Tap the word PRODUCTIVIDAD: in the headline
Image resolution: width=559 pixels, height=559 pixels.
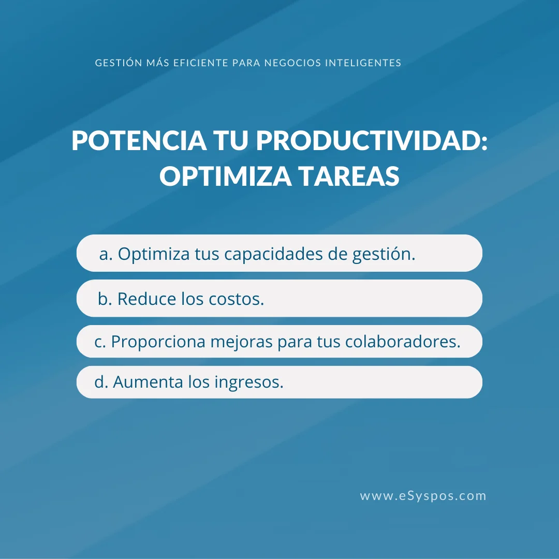[372, 140]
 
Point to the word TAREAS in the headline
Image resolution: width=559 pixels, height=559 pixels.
[349, 176]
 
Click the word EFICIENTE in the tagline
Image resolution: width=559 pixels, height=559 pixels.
[201, 63]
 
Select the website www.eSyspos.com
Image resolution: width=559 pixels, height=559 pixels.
[423, 496]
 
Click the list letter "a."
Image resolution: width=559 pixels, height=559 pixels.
[106, 254]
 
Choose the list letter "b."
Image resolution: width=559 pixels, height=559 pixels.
[105, 299]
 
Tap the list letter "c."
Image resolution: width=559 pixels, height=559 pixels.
[100, 342]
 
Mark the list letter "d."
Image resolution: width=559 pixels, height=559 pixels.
[101, 382]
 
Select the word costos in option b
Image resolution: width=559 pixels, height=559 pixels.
[236, 299]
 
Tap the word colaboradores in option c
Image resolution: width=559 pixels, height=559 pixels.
[403, 341]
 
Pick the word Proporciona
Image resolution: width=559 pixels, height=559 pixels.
[158, 342]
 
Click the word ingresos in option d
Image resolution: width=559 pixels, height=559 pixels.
[249, 383]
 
